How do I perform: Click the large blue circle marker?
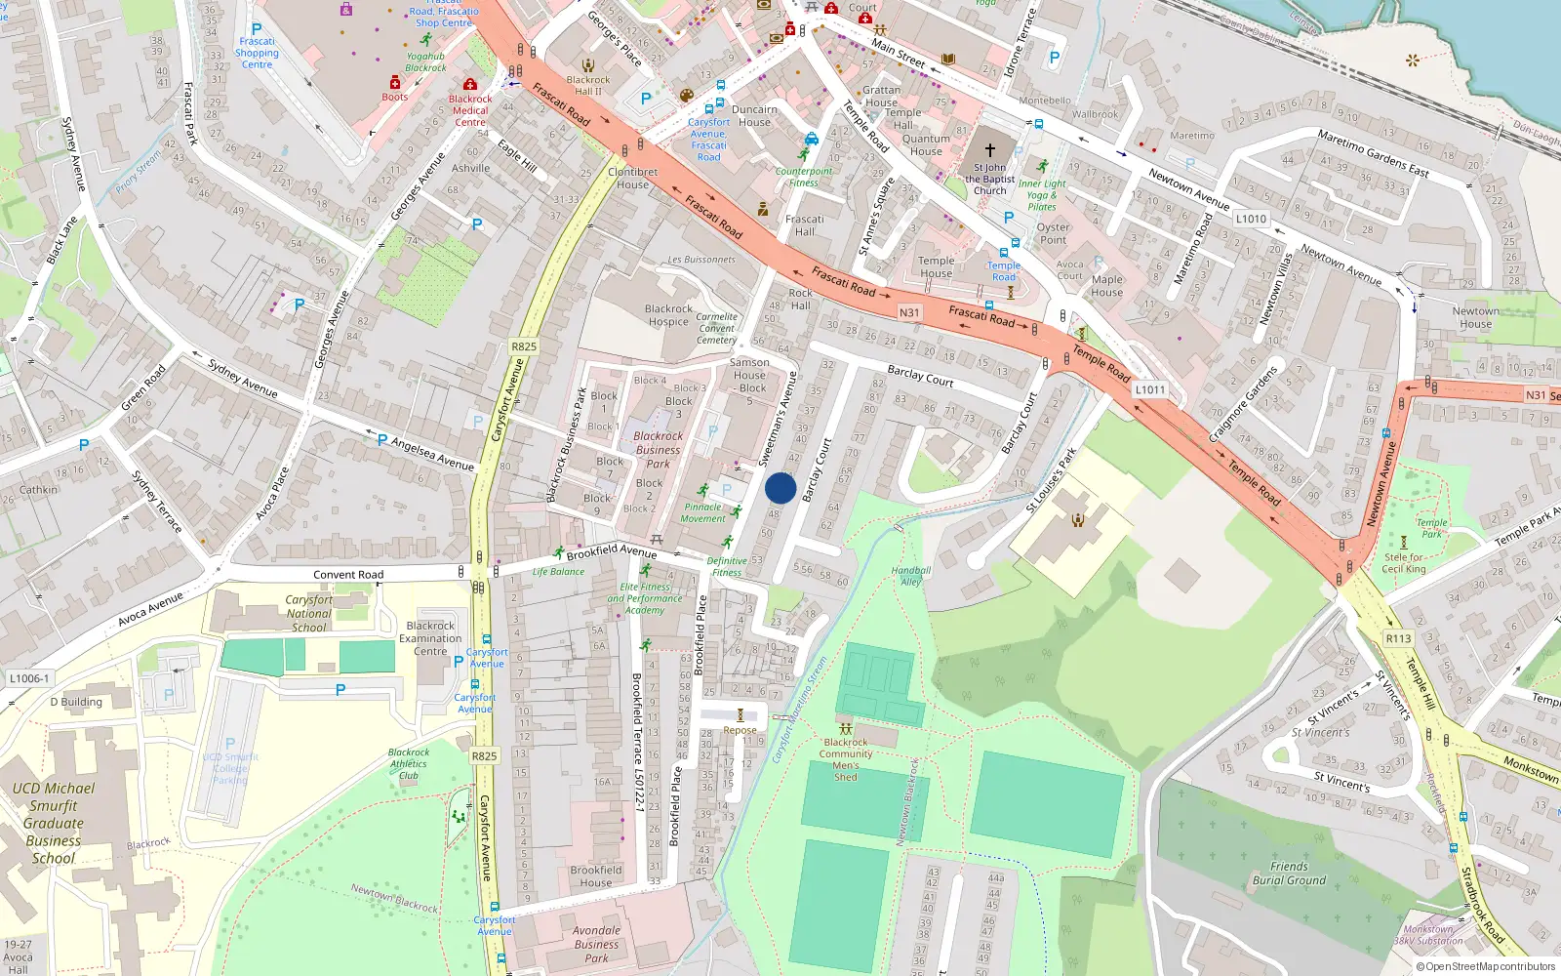coord(780,488)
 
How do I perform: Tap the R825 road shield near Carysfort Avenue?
coord(524,346)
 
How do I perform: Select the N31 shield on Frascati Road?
coord(909,312)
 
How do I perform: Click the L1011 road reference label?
coord(1149,389)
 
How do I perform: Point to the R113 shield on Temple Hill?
coord(1398,638)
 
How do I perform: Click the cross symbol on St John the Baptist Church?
coord(989,150)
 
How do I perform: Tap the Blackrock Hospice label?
coord(668,315)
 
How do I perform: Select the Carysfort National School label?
coord(308,614)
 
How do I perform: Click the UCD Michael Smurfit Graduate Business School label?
coord(54,823)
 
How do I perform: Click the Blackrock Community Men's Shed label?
coord(846,759)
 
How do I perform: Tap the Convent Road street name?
coord(348,575)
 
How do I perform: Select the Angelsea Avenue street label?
coord(432,454)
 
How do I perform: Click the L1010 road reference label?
coord(1251,219)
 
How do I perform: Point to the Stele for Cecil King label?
coord(1404,563)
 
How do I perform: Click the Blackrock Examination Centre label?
coord(430,638)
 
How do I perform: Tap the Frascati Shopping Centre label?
coord(257,53)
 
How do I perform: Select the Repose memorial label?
coord(740,730)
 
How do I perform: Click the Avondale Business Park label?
coord(596,944)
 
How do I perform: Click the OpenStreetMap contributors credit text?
coord(1486,966)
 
